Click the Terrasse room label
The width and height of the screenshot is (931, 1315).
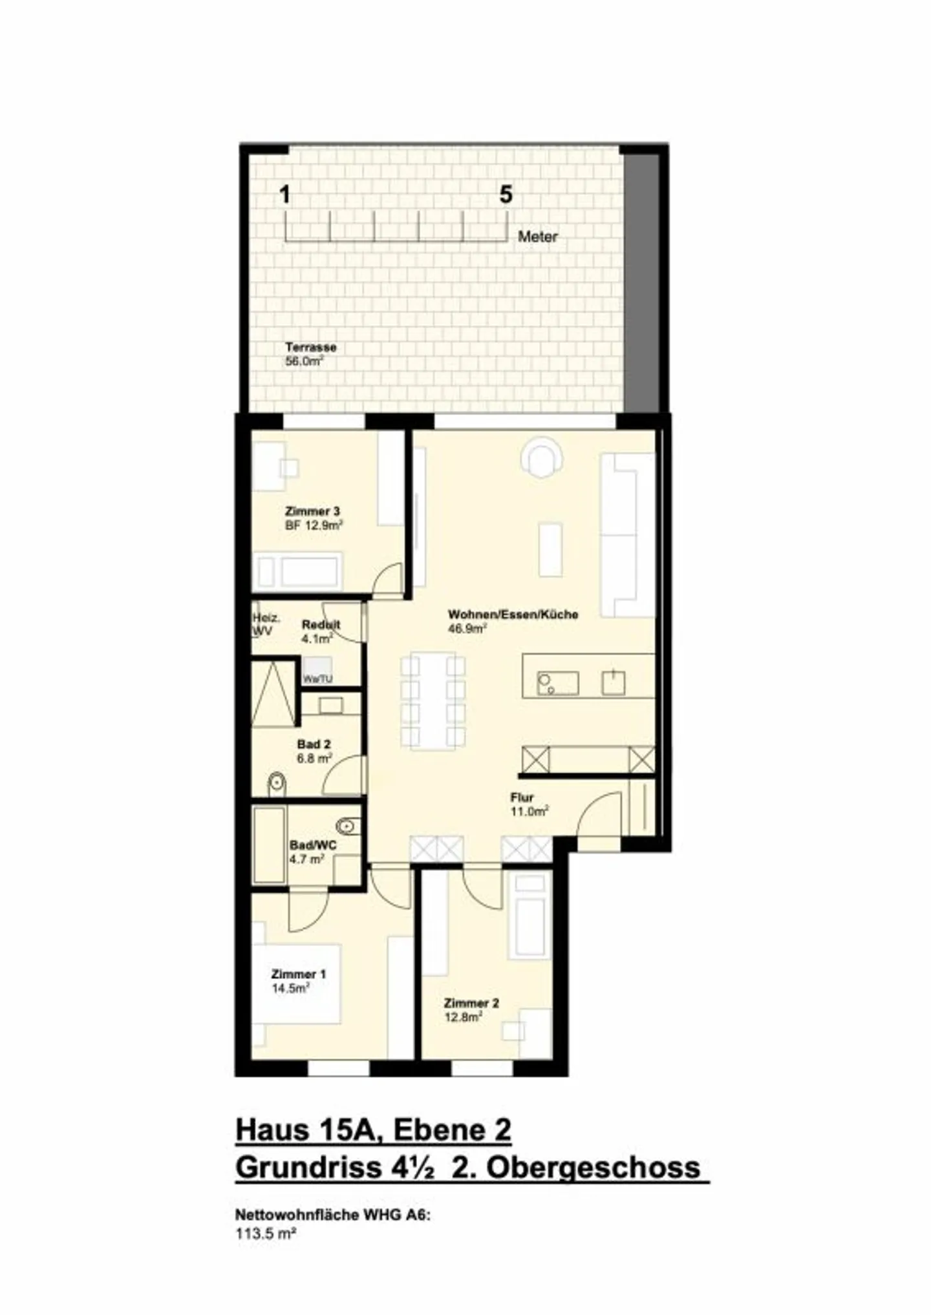coord(311,348)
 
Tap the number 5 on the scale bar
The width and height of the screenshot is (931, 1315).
coord(506,195)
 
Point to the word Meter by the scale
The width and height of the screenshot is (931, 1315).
coord(537,237)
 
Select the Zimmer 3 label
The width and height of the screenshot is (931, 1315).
coord(313,512)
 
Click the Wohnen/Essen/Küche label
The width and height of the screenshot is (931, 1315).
coord(513,615)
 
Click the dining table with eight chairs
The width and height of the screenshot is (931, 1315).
coord(433,701)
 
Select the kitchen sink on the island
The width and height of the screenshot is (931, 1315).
coord(558,683)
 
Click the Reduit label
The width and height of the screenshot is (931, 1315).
coord(321,625)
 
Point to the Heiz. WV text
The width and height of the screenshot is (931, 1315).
coord(265,625)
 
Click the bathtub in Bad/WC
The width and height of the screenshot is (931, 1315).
coord(269,845)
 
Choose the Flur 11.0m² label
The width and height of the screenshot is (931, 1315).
coord(529,805)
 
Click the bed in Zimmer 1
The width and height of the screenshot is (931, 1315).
coord(297,984)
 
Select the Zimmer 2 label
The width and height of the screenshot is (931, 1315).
coord(471,1004)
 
